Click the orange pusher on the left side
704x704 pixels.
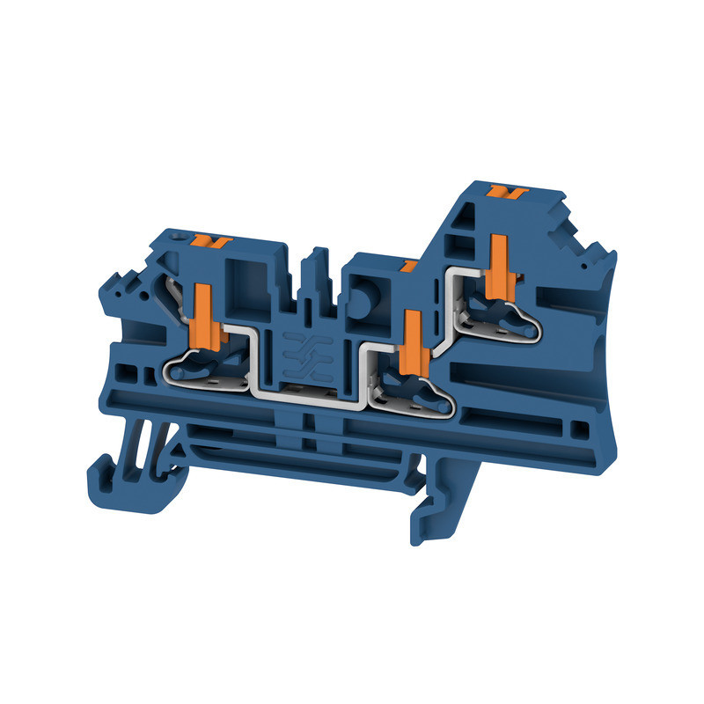(x=202, y=312)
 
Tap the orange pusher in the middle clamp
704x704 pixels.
(x=410, y=343)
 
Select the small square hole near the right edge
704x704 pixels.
(x=579, y=429)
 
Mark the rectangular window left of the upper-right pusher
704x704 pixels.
(x=462, y=242)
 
